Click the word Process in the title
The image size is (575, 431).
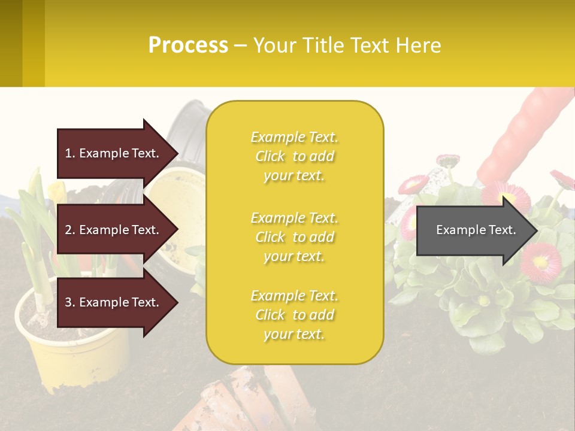pos(188,45)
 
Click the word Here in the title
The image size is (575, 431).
pos(417,45)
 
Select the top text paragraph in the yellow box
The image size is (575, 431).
pos(294,156)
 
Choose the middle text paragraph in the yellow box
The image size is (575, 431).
pos(294,237)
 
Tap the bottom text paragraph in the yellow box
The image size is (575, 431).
pos(294,315)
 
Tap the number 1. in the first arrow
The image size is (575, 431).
pos(70,153)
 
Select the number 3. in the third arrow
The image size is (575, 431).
pos(70,302)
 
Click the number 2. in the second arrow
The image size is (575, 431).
pos(70,230)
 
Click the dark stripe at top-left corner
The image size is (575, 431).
pos(11,43)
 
